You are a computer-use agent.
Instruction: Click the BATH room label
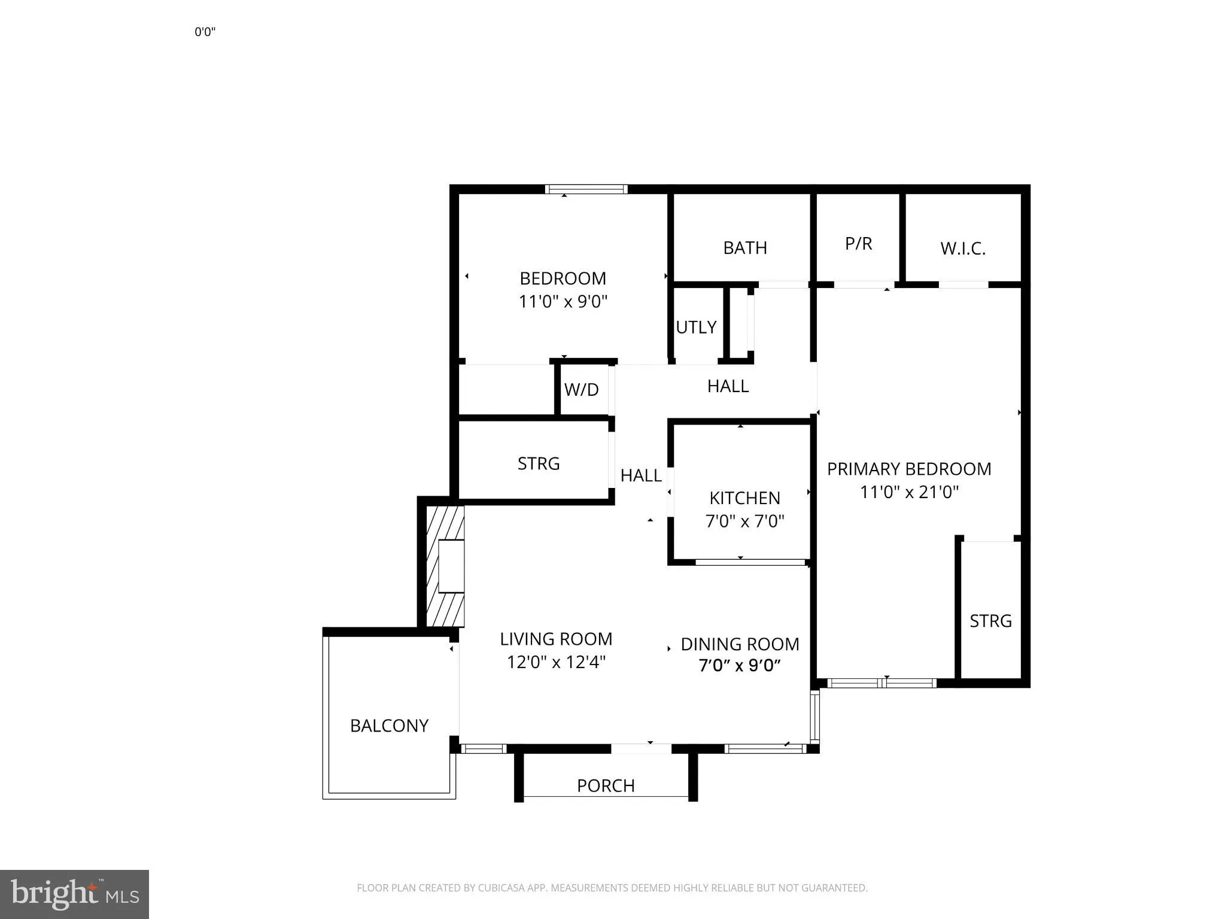pyautogui.click(x=745, y=248)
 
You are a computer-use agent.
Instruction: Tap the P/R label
pyautogui.click(x=859, y=244)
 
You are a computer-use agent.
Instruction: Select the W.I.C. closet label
pyautogui.click(x=963, y=248)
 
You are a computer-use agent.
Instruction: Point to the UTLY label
pyautogui.click(x=696, y=327)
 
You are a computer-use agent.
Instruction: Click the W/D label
pyautogui.click(x=581, y=390)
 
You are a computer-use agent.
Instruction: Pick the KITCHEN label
pyautogui.click(x=745, y=498)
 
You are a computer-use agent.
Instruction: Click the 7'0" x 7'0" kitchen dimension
pyautogui.click(x=745, y=521)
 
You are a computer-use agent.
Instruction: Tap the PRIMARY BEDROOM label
pyautogui.click(x=909, y=469)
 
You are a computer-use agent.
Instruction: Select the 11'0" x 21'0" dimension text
pyautogui.click(x=909, y=492)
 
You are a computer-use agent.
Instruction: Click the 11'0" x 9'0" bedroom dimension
pyautogui.click(x=563, y=301)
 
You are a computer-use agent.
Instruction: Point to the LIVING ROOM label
pyautogui.click(x=556, y=639)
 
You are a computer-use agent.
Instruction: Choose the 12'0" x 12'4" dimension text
pyautogui.click(x=556, y=662)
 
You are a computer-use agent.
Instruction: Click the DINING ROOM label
pyautogui.click(x=740, y=644)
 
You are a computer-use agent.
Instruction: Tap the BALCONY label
pyautogui.click(x=389, y=726)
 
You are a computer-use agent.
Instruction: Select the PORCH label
pyautogui.click(x=606, y=785)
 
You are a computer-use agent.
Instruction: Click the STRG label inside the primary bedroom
pyautogui.click(x=991, y=621)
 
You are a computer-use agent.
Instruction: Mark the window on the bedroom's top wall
pyautogui.click(x=586, y=189)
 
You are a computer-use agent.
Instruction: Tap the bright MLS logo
pyautogui.click(x=74, y=894)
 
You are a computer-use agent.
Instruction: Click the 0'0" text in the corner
pyautogui.click(x=205, y=32)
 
